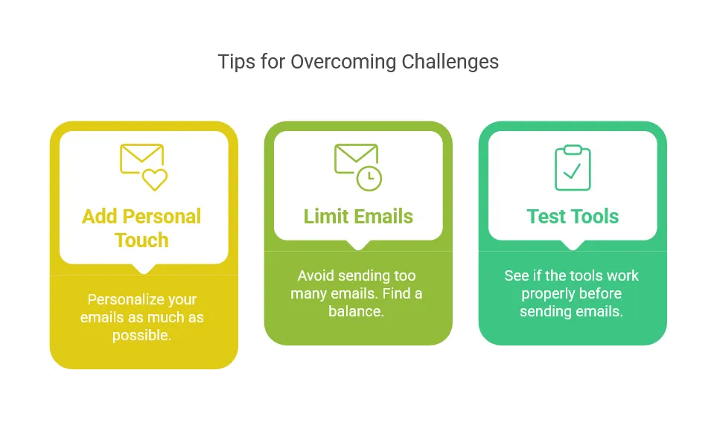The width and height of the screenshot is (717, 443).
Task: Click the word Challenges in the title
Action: pyautogui.click(x=450, y=63)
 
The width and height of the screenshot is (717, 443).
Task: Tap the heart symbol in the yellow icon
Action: pyautogui.click(x=155, y=179)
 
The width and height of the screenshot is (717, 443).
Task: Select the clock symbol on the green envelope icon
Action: pyautogui.click(x=369, y=178)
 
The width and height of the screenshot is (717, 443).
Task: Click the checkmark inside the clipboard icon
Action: pyautogui.click(x=572, y=171)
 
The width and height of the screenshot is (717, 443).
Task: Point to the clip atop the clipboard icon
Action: pyautogui.click(x=573, y=150)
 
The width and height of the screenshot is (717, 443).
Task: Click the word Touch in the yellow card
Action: pyautogui.click(x=141, y=240)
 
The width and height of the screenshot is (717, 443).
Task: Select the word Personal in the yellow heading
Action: pyautogui.click(x=162, y=217)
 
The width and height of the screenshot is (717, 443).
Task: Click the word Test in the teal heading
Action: pyautogui.click(x=546, y=217)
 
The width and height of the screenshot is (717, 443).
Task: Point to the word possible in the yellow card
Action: pyautogui.click(x=141, y=336)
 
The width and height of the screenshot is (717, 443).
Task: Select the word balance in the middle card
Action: pyautogui.click(x=356, y=311)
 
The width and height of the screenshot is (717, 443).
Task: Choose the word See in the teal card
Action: pyautogui.click(x=516, y=275)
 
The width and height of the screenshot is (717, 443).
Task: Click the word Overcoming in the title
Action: pyautogui.click(x=343, y=63)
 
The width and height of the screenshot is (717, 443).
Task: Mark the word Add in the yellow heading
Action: pyautogui.click(x=100, y=217)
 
